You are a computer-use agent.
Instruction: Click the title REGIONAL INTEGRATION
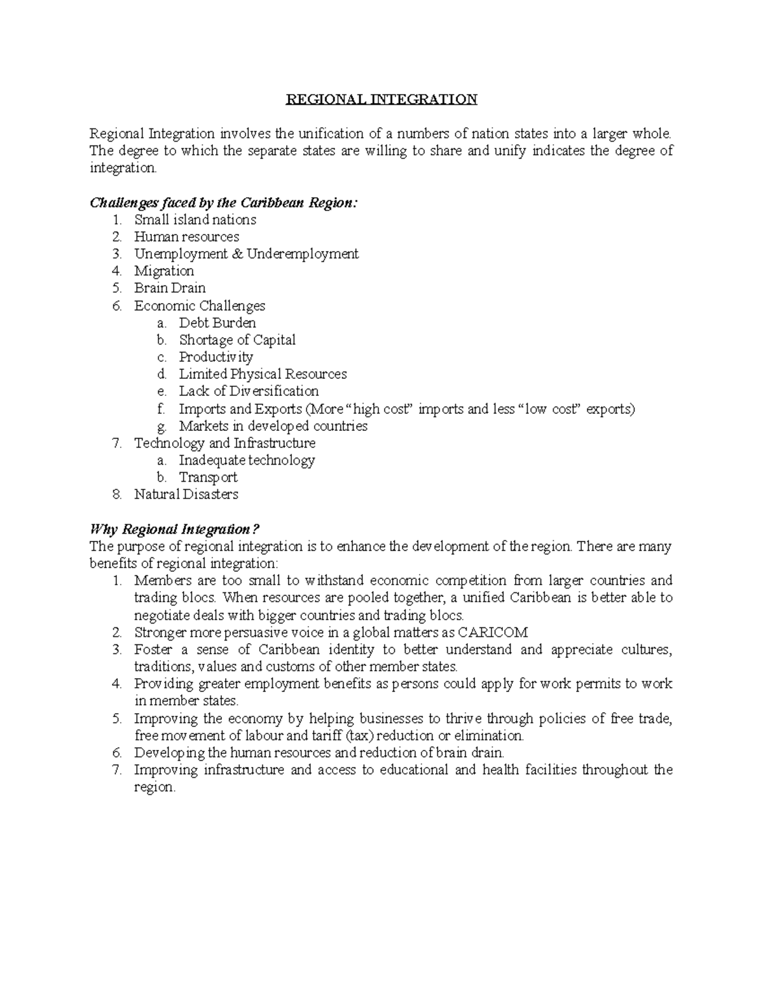(381, 99)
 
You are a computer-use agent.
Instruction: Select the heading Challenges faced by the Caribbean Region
(224, 203)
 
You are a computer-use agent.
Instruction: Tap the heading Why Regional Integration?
(175, 529)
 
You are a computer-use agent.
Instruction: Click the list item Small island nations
(195, 220)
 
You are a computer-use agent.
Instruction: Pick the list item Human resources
(186, 237)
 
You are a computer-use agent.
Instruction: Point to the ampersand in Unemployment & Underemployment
(239, 254)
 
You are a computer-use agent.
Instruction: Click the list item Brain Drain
(170, 289)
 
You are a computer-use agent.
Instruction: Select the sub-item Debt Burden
(217, 323)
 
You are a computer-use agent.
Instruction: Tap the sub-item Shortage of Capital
(237, 340)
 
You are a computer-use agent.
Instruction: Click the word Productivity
(216, 357)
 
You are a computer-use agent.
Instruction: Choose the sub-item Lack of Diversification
(249, 391)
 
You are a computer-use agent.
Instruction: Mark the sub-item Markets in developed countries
(273, 426)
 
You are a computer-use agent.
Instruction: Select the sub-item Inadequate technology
(247, 460)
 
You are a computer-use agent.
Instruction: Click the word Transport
(208, 477)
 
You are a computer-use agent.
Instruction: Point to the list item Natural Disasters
(186, 494)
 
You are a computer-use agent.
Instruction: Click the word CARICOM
(493, 632)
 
